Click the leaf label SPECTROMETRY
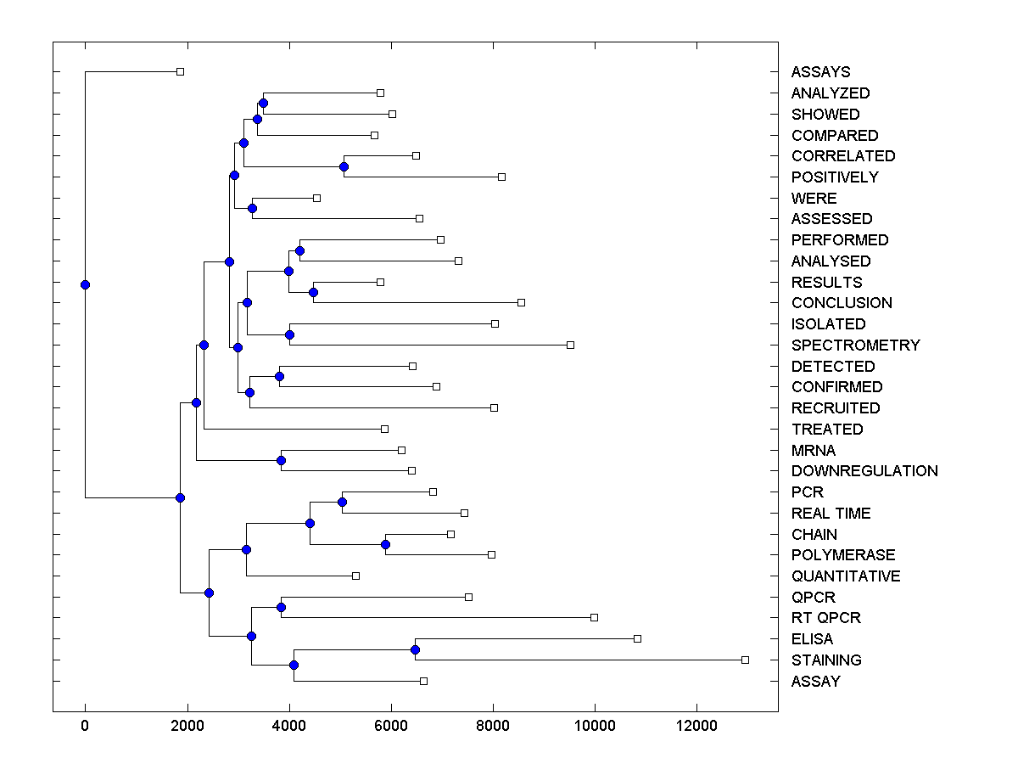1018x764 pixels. click(855, 345)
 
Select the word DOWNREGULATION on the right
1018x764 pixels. click(864, 471)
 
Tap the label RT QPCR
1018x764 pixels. click(825, 618)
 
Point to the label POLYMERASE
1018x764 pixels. click(842, 555)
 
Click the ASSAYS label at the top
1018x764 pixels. click(820, 72)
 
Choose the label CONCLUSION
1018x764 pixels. click(842, 303)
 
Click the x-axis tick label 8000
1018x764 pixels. click(493, 724)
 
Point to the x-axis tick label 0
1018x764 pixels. click(85, 724)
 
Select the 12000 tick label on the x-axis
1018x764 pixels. click(696, 724)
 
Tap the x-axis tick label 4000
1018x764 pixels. click(289, 724)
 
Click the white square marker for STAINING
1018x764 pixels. click(745, 660)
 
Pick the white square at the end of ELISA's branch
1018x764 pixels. click(637, 638)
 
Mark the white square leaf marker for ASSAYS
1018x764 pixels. click(180, 71)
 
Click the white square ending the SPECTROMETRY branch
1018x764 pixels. click(570, 345)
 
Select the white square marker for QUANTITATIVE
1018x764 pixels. click(355, 576)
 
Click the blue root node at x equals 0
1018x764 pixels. click(85, 284)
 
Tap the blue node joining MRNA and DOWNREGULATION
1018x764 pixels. click(281, 460)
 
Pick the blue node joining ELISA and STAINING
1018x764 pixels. click(415, 649)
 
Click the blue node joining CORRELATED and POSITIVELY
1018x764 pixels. click(344, 166)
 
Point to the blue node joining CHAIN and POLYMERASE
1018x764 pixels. click(385, 544)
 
